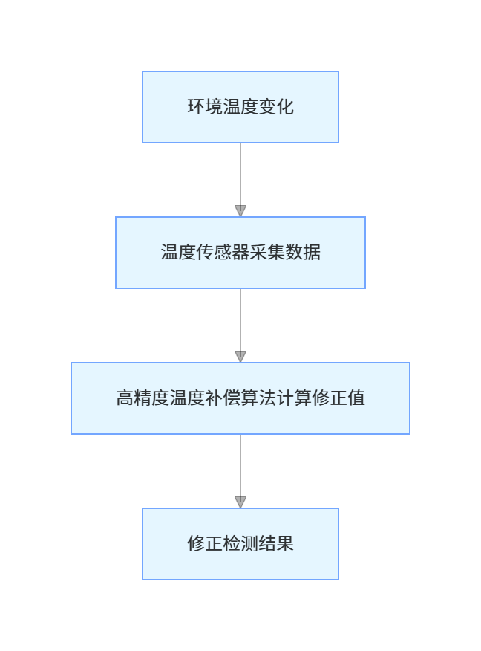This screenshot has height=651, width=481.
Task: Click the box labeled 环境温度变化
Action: pos(240,107)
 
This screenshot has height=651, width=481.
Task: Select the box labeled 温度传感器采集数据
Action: pos(240,253)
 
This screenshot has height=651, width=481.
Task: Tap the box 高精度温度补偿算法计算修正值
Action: pos(240,398)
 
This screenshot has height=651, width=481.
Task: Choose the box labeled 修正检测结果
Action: pos(240,544)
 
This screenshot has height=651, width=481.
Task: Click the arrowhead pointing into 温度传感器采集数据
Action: pos(240,210)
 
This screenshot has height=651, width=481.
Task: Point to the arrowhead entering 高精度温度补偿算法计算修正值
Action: pos(240,356)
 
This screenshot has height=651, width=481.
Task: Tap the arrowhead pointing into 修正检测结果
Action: pos(240,502)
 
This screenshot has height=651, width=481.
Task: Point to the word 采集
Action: pos(267,253)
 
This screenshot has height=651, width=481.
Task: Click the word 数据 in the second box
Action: pos(303,253)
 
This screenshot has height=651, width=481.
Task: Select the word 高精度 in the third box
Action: pos(143,398)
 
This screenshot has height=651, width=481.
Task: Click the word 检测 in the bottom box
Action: pos(240,544)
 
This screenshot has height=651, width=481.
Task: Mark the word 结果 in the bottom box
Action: pos(276,544)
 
